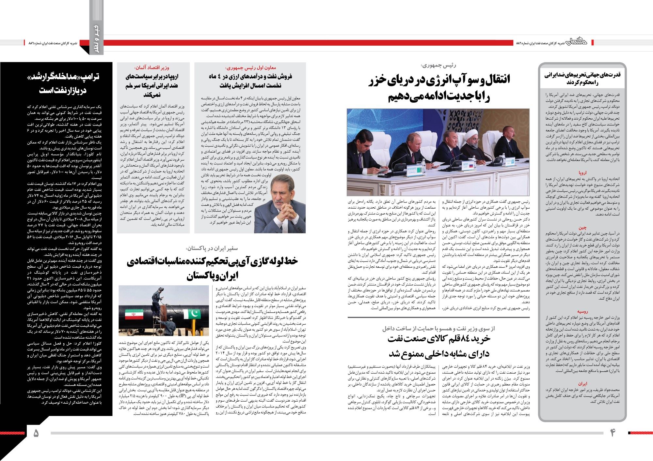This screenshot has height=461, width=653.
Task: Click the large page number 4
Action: tap(613, 433)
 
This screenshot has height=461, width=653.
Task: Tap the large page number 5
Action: tap(36, 433)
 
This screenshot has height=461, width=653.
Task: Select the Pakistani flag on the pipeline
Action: tap(192, 315)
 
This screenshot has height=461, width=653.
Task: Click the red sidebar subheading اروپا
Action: tap(582, 173)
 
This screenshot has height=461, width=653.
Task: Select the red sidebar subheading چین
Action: tap(582, 228)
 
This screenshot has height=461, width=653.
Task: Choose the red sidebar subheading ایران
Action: tap(582, 384)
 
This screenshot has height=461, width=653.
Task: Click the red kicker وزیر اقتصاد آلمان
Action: tap(151, 67)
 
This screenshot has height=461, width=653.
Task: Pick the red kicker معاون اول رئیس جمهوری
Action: tap(251, 68)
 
